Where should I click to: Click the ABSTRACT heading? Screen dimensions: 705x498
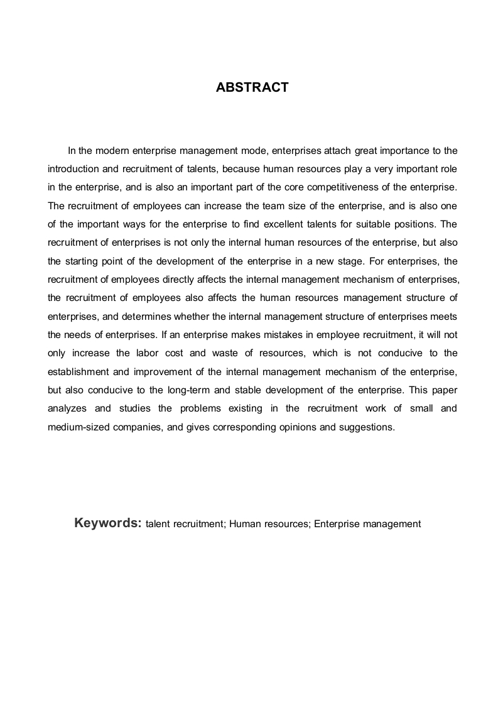coord(252,88)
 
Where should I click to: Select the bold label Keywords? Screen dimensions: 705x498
coord(107,523)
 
